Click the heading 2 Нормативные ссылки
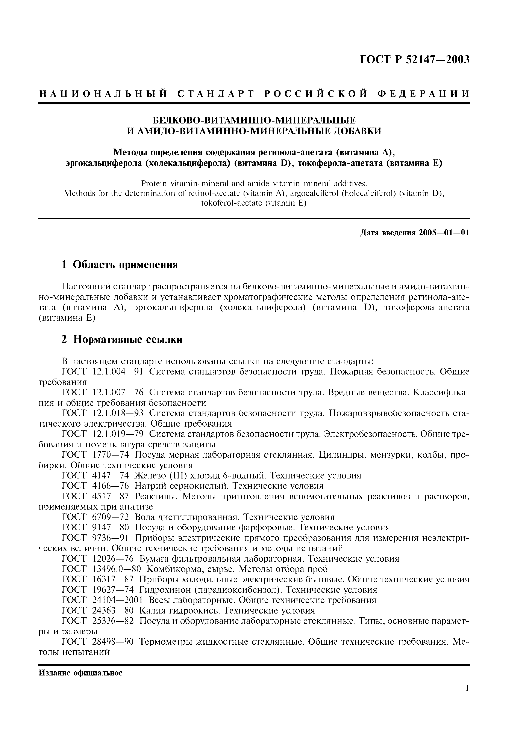point(122,340)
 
